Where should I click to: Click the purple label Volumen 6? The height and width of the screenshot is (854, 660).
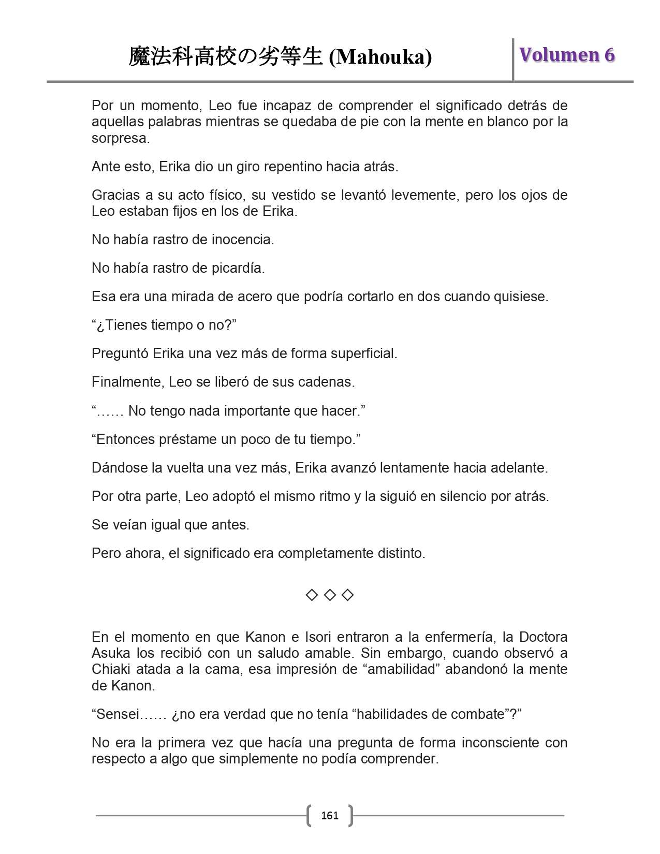pyautogui.click(x=567, y=55)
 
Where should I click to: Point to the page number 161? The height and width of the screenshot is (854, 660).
pyautogui.click(x=330, y=816)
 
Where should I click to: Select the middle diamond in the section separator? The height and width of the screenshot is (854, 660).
pyautogui.click(x=330, y=595)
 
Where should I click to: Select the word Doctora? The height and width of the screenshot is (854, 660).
pyautogui.click(x=543, y=637)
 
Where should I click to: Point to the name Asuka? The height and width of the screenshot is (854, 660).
pyautogui.click(x=111, y=653)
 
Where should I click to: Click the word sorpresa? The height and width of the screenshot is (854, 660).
pyautogui.click(x=120, y=138)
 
